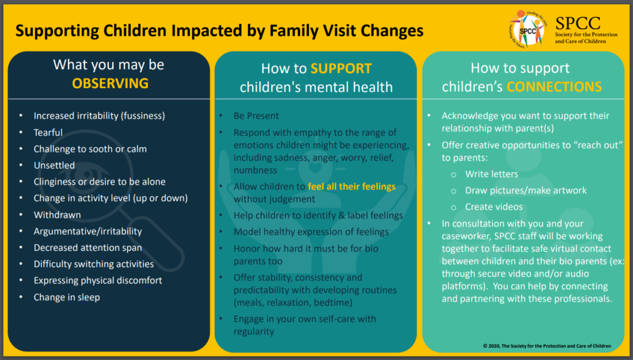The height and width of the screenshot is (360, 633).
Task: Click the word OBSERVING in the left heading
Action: pos(110,83)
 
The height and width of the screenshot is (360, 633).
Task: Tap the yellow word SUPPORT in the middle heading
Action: pos(341,68)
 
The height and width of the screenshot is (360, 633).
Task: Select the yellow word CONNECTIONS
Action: pos(554,87)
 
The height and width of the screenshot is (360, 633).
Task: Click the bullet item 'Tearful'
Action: pos(48,132)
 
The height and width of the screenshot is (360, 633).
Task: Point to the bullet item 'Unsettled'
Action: pos(54,165)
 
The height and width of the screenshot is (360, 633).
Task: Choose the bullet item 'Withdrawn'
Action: pos(57,215)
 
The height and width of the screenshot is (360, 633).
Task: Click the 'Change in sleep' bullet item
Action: pos(67,297)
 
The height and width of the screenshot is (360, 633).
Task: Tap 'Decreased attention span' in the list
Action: pos(87,248)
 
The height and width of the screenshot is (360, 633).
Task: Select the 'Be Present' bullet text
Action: pos(256,116)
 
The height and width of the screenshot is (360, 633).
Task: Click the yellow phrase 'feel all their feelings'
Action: pos(352,187)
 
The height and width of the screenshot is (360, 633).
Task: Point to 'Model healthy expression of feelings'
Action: pos(311,232)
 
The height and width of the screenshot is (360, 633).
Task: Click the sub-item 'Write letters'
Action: pos(491,174)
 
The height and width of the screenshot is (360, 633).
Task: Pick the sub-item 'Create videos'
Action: pos(494,206)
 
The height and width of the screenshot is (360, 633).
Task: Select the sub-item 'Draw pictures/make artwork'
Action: pos(518,190)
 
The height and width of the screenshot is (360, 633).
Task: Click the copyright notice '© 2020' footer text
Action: pos(547,346)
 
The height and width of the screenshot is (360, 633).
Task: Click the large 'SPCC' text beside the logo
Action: pos(578,23)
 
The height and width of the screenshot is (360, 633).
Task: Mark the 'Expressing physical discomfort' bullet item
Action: pos(98,281)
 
